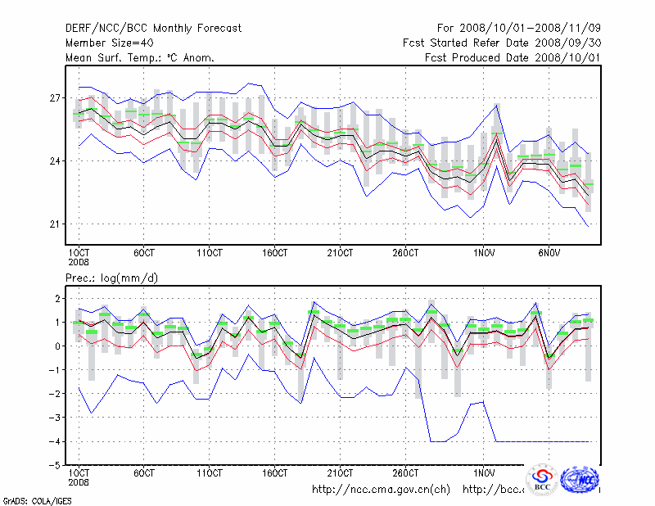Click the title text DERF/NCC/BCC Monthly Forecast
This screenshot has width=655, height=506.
(154, 29)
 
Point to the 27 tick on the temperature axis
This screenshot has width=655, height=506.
(56, 98)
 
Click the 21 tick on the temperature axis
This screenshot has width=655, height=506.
(56, 224)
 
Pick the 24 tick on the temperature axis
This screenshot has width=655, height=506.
(56, 161)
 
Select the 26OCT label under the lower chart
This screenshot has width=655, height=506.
(405, 473)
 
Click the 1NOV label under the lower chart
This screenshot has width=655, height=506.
(483, 473)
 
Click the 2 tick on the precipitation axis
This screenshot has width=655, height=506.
(58, 299)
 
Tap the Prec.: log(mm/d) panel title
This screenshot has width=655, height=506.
(112, 278)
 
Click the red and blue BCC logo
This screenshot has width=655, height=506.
(542, 480)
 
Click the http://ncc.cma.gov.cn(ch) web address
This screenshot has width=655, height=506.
(381, 490)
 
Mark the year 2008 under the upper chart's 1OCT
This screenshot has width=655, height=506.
(79, 262)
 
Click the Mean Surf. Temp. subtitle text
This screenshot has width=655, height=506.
(140, 58)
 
